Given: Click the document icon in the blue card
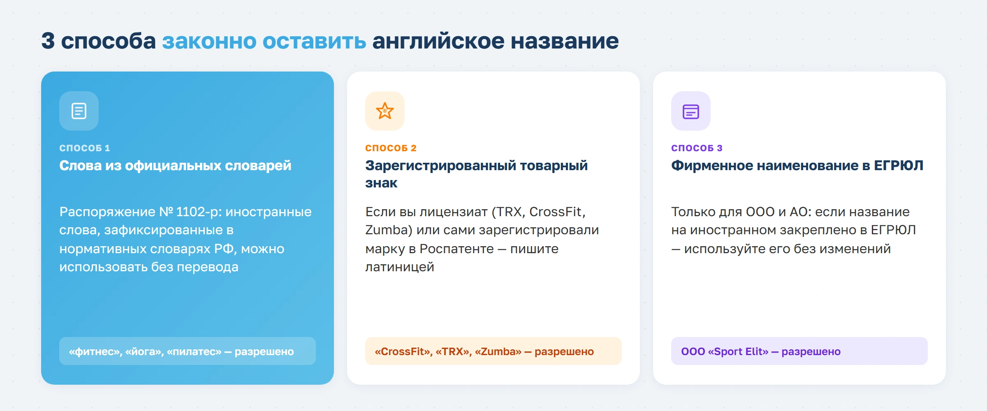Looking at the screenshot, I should point(79,111).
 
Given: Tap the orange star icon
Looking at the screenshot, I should point(385,111).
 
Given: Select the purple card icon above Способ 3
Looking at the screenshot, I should point(691,111).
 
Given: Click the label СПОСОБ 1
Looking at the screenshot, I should point(84,148).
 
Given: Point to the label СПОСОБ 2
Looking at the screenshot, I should point(391,148).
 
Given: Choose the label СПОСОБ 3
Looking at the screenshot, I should point(697,148).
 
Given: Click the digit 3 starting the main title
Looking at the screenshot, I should point(48,41).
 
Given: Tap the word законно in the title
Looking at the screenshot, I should point(209,41).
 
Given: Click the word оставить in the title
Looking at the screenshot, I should point(314,41).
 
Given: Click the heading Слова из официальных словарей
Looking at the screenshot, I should point(175,166).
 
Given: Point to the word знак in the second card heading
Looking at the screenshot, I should point(381,183).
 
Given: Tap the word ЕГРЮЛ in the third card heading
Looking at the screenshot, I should point(898,166).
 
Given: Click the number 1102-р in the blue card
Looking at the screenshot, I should point(199,212).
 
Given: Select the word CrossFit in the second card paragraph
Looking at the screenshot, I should point(557,212).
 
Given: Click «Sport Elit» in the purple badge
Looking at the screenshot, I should point(738,352).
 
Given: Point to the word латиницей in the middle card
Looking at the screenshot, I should point(400,268).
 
